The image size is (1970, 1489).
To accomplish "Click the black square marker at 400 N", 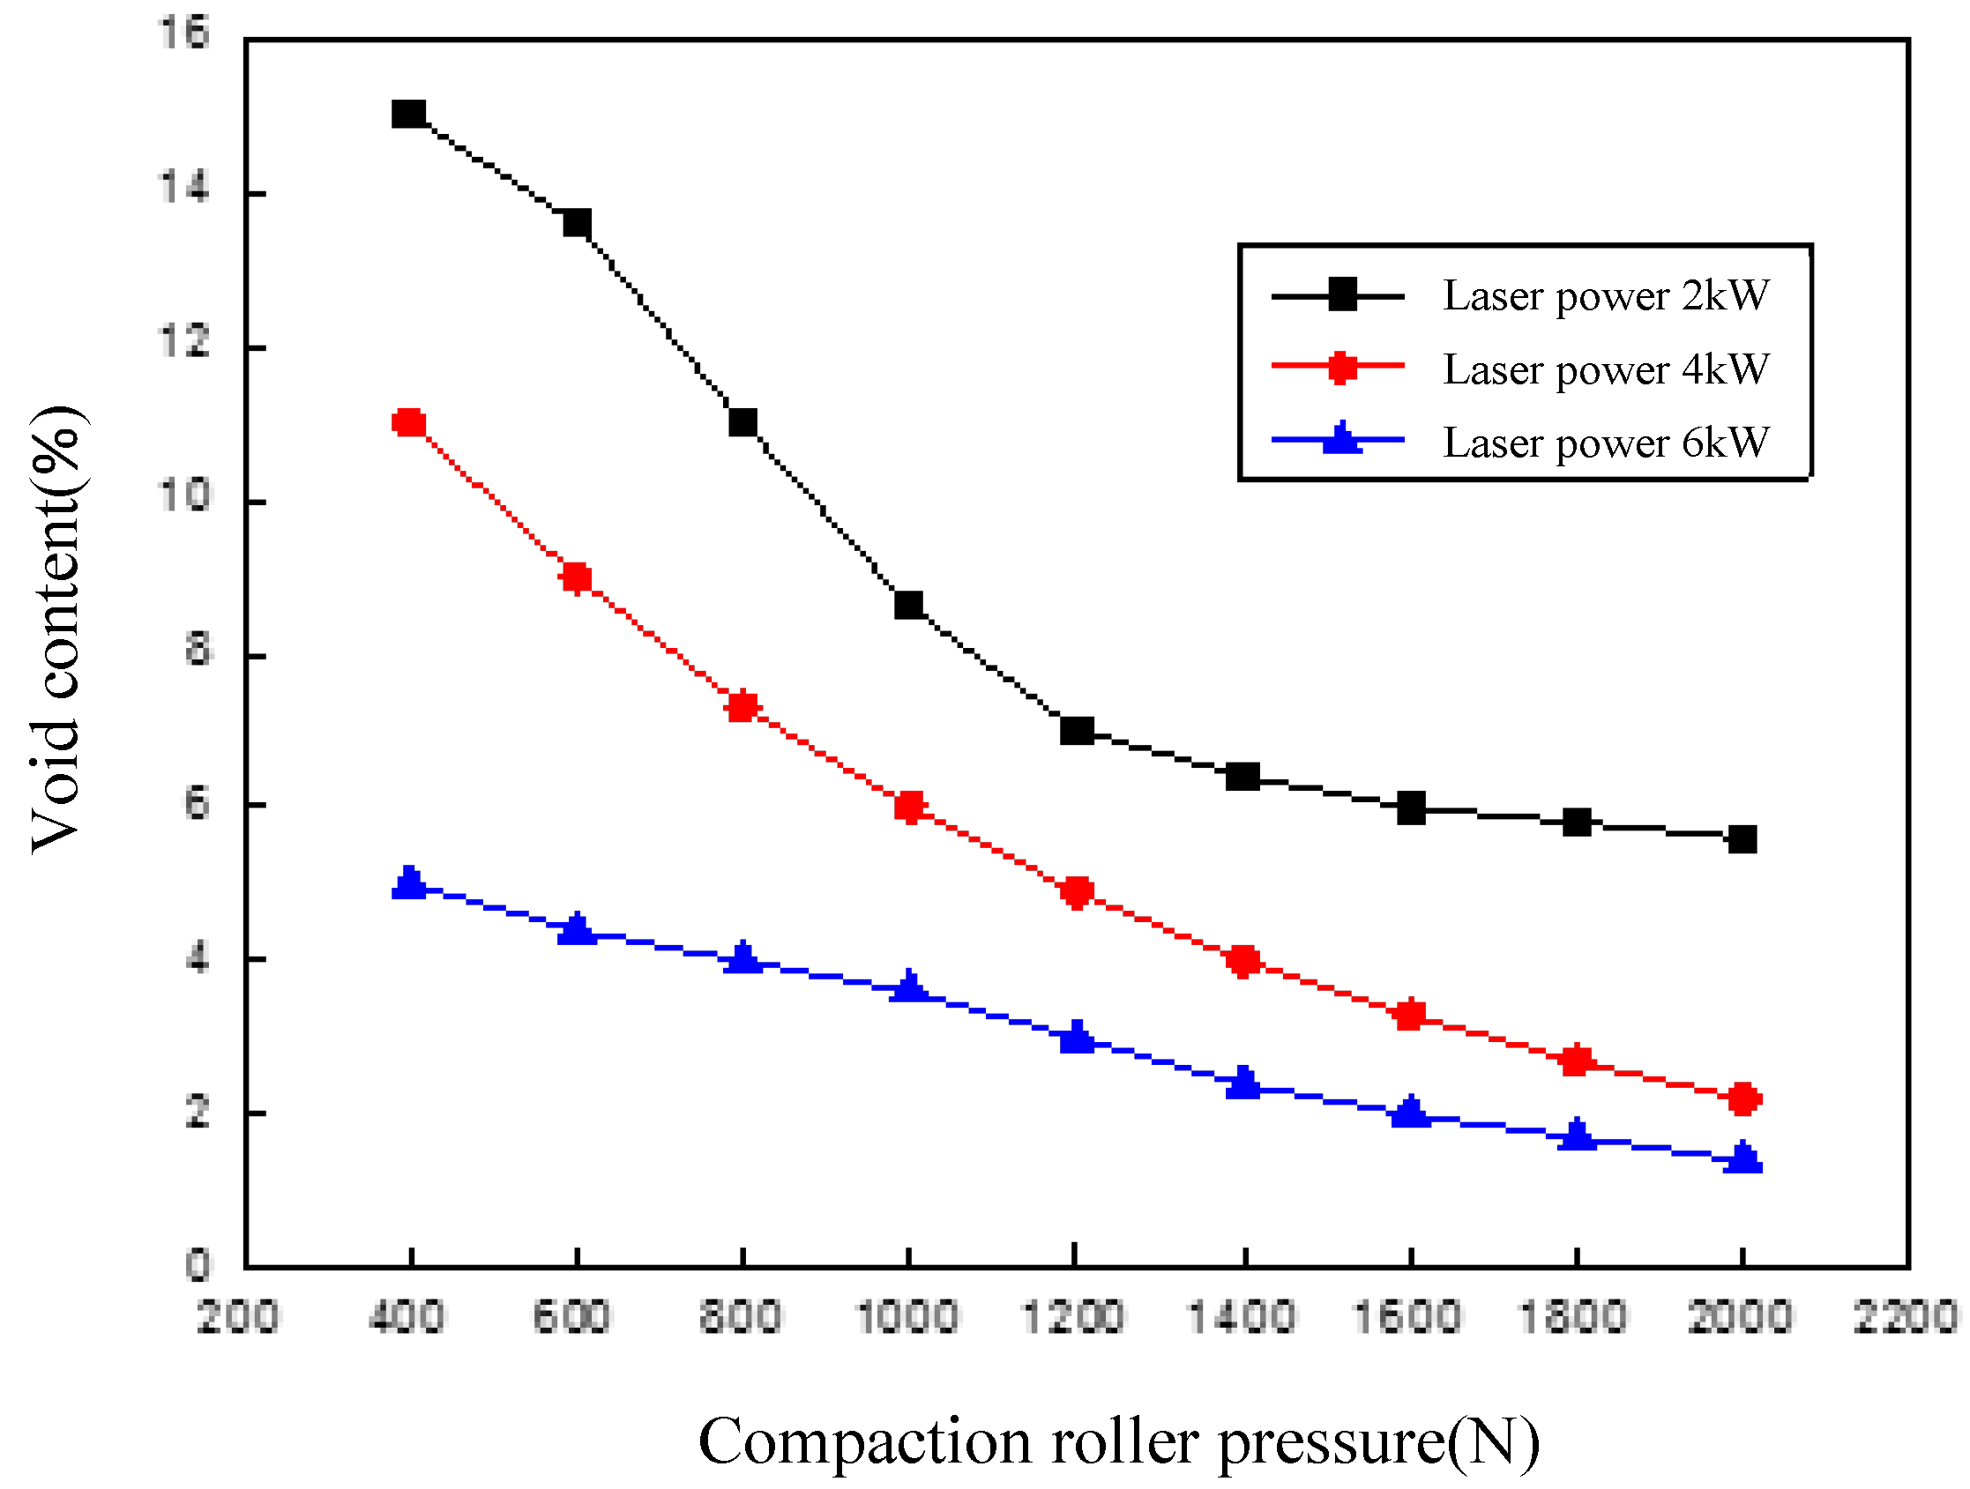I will coord(409,114).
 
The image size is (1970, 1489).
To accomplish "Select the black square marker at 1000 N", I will coord(908,606).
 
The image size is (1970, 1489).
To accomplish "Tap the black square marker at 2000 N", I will coord(1742,840).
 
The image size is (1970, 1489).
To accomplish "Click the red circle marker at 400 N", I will coord(409,422).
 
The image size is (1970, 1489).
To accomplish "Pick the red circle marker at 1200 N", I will coord(1077,891).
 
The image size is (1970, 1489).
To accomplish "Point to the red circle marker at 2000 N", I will coord(1742,1099).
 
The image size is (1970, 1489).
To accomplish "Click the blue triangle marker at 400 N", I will coord(409,883).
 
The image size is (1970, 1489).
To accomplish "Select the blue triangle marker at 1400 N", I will coord(1242,1083).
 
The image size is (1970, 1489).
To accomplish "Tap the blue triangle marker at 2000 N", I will coord(1742,1159).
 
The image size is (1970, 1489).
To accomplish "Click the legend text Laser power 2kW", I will coord(1606,295).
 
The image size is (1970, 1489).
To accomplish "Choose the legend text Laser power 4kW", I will coord(1606,369).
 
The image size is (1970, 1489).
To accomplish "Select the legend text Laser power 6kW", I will coord(1606,443).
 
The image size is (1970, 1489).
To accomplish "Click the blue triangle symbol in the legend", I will coord(1342,439).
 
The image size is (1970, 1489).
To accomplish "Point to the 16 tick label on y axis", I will coord(183,34).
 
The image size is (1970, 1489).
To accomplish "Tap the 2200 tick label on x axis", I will coord(1906,1316).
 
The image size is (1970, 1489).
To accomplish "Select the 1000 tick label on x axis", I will coord(907,1316).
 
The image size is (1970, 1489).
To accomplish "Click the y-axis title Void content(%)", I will coord(57,629).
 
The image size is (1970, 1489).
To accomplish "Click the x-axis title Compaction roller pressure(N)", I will coord(1118,1441).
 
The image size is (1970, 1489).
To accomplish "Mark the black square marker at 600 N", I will coord(577,223).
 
